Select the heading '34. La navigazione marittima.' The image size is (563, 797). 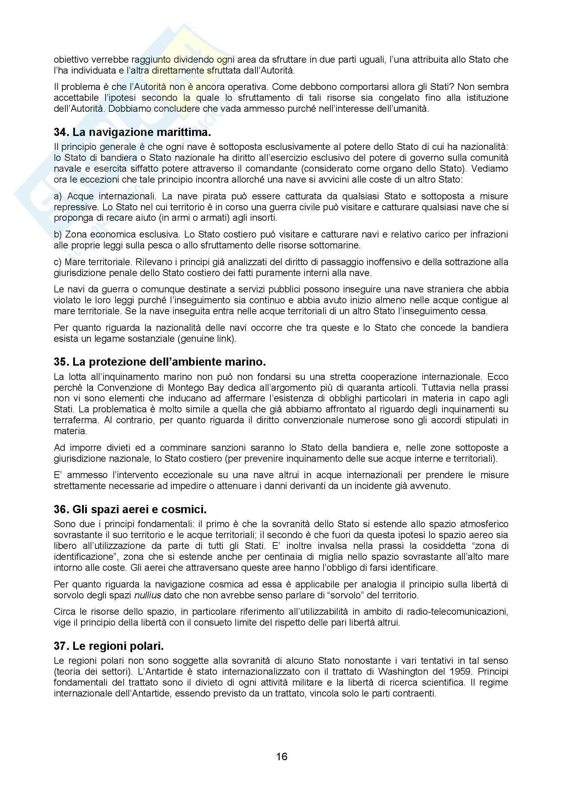coord(132,132)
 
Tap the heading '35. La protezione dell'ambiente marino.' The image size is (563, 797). coord(160,362)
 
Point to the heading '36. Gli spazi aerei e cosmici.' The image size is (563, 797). coord(130,509)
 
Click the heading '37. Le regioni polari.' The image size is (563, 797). coord(109,646)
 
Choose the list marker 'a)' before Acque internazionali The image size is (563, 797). coord(58,196)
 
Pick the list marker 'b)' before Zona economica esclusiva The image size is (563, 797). coord(58,234)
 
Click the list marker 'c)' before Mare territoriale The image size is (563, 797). coord(58,262)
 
